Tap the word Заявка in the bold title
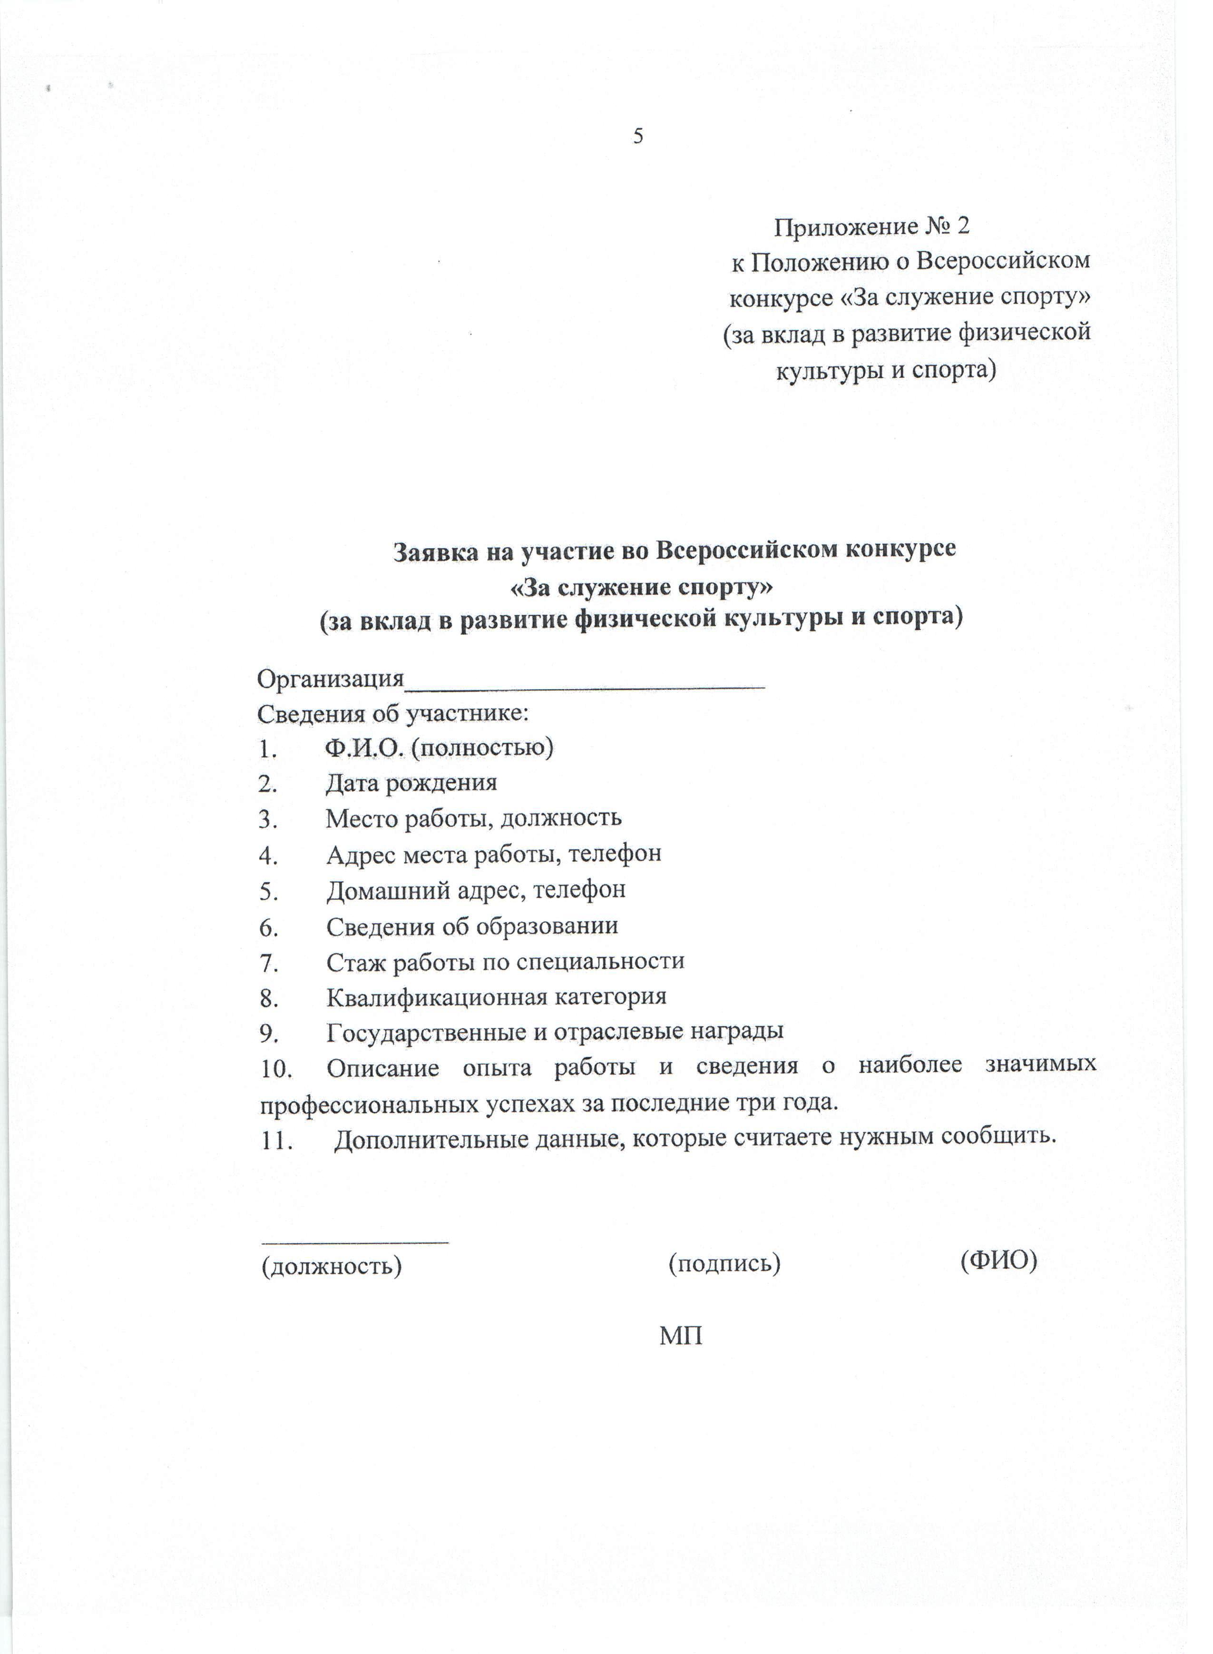(x=435, y=551)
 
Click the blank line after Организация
(x=585, y=680)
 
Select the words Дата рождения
(x=411, y=783)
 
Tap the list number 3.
(x=266, y=819)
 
